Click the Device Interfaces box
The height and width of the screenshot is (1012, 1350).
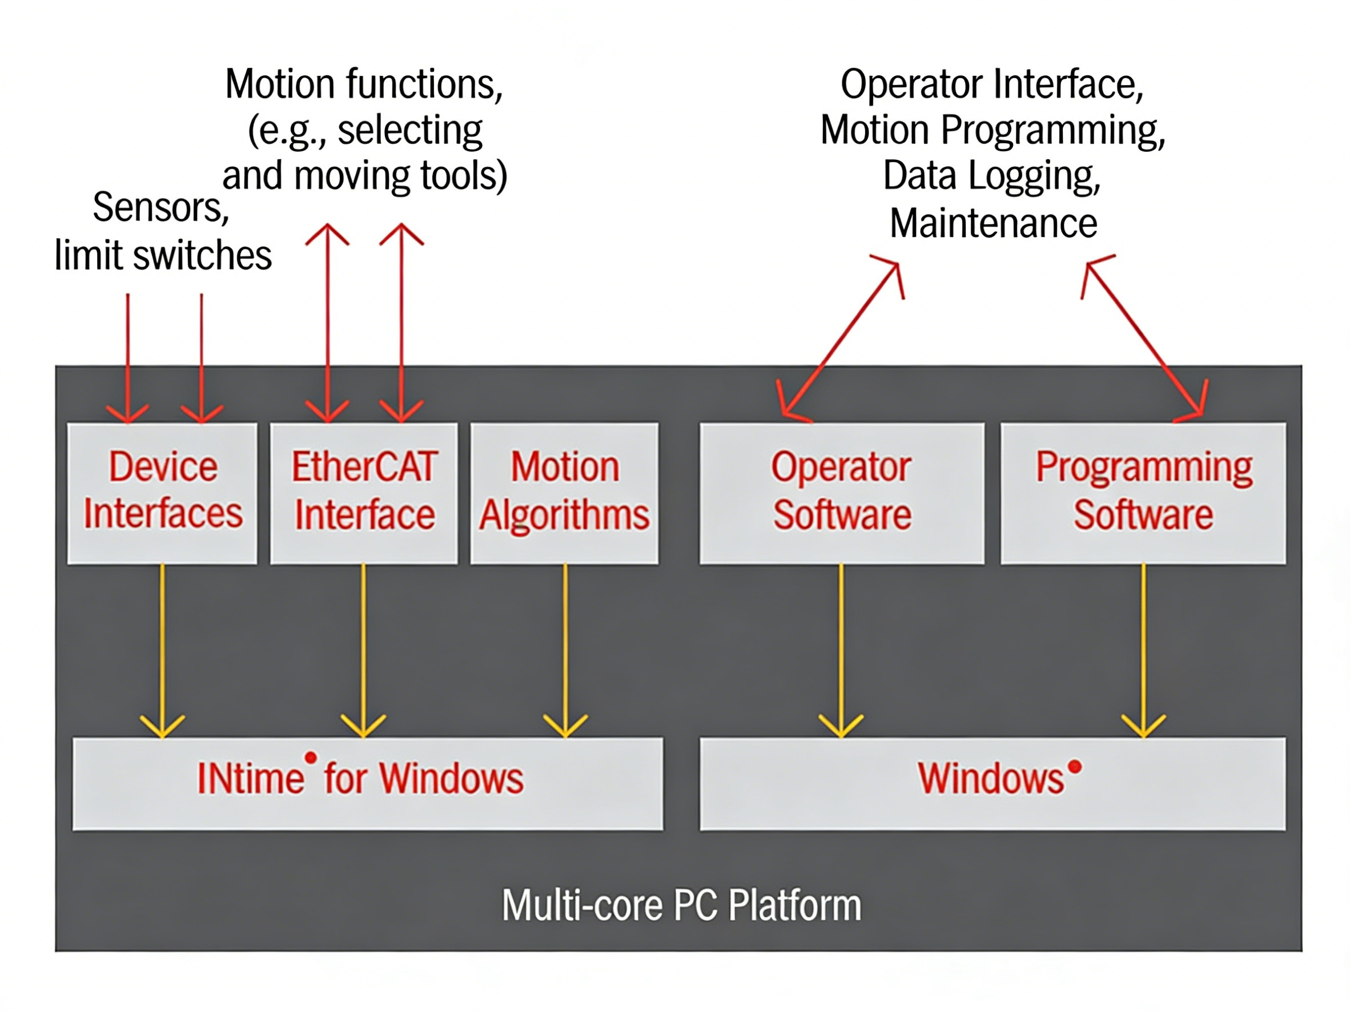pos(162,493)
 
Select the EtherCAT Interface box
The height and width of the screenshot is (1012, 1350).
pos(364,493)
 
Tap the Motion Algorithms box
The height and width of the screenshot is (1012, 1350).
pos(565,493)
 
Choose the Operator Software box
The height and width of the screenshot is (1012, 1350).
pos(842,493)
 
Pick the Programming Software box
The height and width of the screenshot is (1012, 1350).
pos(1143,493)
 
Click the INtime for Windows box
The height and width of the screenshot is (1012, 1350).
pos(367,784)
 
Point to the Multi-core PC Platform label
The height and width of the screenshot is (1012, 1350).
pos(681,905)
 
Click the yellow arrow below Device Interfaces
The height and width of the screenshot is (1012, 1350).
pos(162,650)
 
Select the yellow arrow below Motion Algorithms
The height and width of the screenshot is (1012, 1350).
pos(565,650)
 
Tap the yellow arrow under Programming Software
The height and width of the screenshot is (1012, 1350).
pos(1143,650)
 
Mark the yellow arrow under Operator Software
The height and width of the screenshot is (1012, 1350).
pos(841,650)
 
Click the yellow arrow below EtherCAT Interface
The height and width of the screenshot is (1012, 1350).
pos(363,650)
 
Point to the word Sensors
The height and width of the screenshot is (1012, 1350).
pos(160,208)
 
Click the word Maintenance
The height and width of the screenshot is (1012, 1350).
pos(993,223)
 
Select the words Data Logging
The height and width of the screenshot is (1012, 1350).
pos(992,176)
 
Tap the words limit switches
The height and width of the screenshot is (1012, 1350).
pos(163,255)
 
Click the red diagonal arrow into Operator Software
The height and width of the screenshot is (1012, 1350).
pos(841,340)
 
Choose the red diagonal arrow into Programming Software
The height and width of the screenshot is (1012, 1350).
pos(1145,340)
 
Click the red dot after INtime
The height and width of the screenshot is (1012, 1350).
pos(311,757)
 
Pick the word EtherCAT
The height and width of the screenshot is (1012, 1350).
pos(364,467)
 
